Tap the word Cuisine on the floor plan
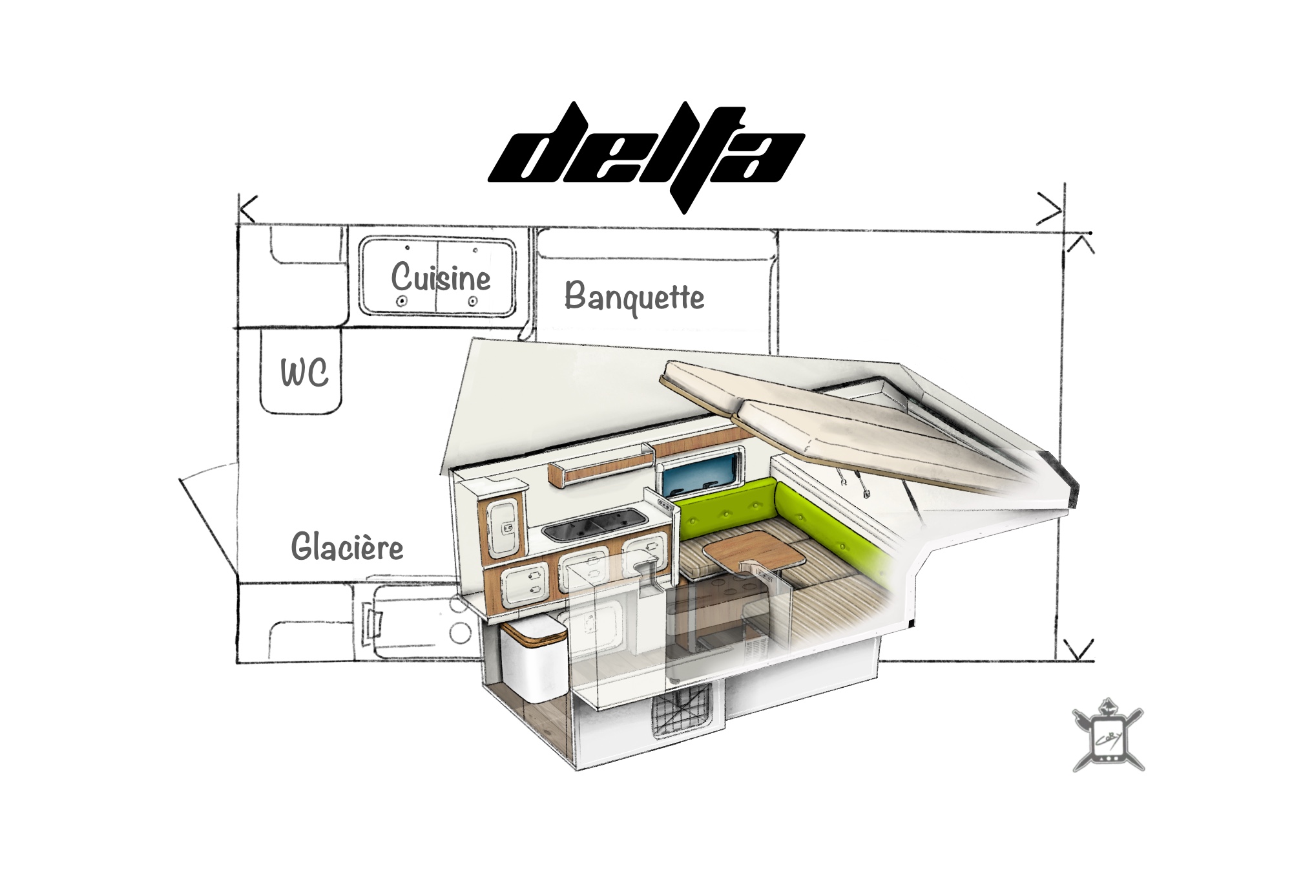[441, 278]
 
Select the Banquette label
[634, 297]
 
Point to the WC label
[304, 373]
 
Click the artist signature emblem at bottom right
[1107, 736]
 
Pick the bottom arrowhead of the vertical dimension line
[1077, 650]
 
